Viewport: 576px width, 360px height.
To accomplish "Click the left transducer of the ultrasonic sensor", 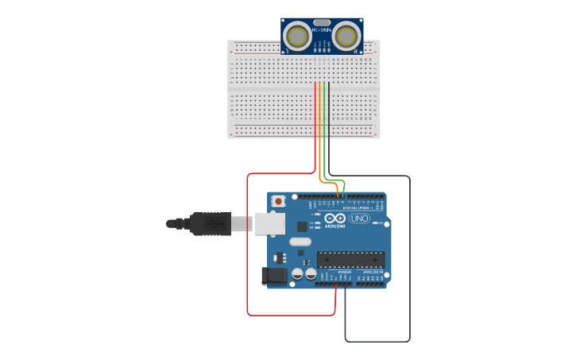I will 298,36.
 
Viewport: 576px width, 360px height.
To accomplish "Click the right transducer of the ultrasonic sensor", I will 346,36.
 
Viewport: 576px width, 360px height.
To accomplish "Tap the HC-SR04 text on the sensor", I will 322,30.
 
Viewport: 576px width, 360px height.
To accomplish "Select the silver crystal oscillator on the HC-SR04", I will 322,22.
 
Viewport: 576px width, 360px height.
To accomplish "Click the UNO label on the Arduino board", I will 359,219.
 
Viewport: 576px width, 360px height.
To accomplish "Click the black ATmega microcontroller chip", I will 350,259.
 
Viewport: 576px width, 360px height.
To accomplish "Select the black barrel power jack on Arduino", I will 274,277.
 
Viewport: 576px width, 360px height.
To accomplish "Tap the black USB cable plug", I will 211,224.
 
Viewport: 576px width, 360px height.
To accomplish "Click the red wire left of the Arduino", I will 248,246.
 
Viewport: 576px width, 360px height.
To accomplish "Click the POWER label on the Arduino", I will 344,272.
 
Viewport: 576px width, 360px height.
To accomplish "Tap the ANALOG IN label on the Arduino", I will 373,272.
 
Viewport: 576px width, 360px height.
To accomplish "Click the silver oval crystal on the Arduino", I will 300,242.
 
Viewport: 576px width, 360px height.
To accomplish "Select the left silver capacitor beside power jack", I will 297,273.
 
